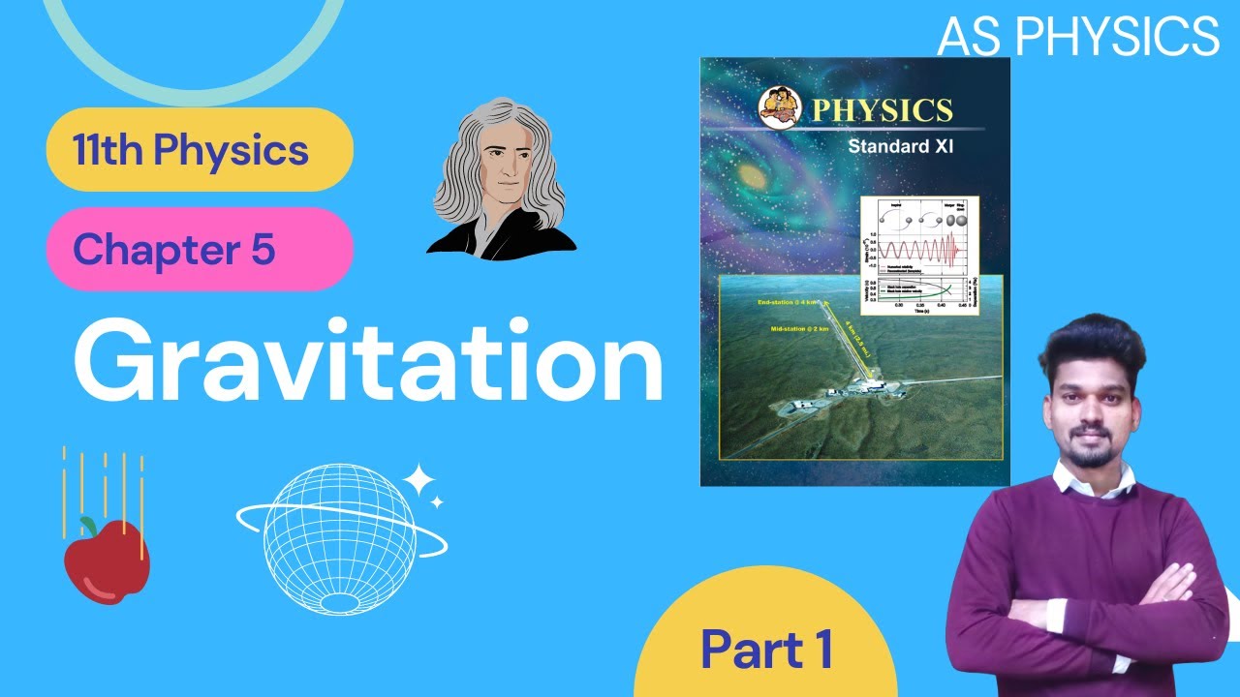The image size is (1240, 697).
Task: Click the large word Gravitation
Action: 368,359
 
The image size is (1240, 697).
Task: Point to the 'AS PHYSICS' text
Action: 1078,37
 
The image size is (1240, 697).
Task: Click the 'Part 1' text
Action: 766,649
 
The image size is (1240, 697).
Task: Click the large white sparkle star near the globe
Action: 419,479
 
